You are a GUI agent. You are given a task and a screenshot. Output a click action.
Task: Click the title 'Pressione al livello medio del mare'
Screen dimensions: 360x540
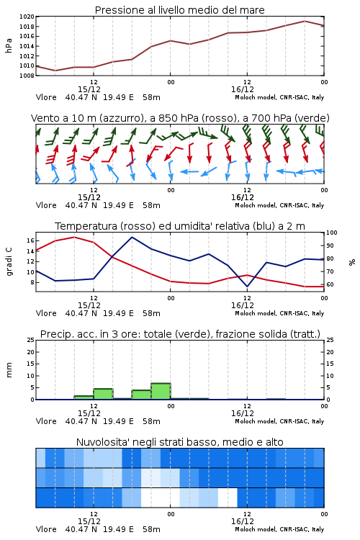point(179,10)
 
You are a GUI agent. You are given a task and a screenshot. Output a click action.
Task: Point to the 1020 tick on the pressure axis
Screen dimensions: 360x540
point(27,17)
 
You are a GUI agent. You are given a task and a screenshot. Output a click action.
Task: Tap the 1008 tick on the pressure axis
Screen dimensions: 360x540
point(27,76)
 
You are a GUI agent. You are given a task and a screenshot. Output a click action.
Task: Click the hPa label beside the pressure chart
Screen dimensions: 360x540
point(9,45)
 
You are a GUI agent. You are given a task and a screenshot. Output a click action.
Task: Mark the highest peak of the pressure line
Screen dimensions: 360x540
point(305,21)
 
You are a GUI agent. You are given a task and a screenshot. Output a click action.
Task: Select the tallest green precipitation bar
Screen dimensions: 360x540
point(161,391)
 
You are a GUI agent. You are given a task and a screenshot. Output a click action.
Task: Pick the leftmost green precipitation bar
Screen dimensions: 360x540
point(84,397)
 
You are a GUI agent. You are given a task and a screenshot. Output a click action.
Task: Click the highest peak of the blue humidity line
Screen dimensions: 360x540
point(132,237)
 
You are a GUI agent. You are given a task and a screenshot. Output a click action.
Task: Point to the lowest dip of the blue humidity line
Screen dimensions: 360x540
point(247,287)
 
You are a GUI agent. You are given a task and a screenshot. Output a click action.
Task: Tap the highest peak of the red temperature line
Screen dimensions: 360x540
point(74,237)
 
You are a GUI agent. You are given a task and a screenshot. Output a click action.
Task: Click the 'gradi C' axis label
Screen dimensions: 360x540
point(9,261)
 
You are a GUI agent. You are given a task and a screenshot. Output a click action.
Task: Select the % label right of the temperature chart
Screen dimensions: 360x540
point(352,262)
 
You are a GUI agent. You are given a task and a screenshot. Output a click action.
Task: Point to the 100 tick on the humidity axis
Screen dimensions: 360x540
point(332,233)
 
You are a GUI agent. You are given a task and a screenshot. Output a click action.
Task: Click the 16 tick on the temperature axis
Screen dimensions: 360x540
point(30,240)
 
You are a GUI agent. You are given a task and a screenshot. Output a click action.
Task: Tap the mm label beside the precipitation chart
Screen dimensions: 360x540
point(9,370)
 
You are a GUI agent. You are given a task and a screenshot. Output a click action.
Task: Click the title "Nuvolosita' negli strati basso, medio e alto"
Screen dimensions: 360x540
point(179,442)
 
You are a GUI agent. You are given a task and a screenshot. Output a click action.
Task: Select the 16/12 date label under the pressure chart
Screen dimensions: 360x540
point(243,89)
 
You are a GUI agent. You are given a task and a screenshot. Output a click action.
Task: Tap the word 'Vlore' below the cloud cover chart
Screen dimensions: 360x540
point(46,529)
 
